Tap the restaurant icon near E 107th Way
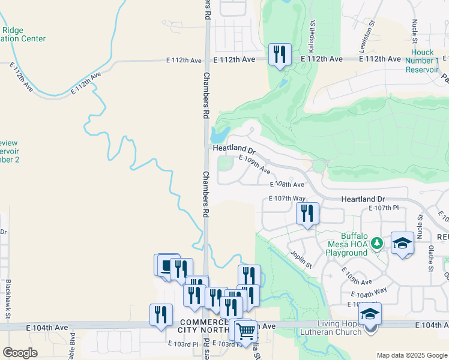pos(306,214)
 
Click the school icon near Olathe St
pos(402,243)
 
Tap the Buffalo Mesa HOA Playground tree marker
pos(377,244)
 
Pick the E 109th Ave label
pos(254,164)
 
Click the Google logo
pos(20,353)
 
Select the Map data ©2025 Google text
pos(411,355)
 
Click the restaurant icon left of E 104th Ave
pos(161,315)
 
